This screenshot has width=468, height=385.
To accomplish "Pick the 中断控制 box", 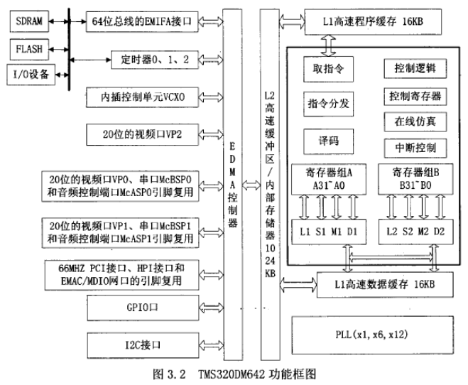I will point(415,148).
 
